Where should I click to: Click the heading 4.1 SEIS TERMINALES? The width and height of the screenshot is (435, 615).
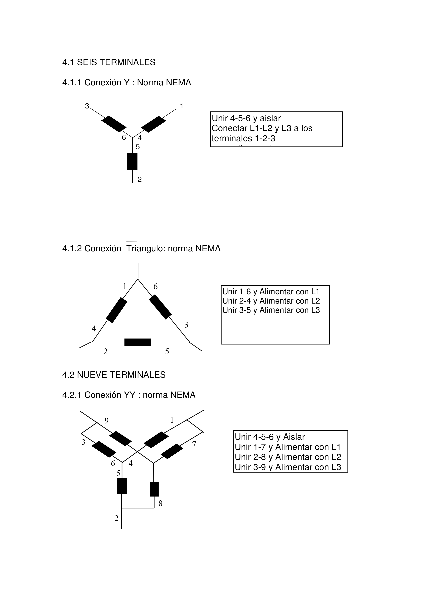pos(109,62)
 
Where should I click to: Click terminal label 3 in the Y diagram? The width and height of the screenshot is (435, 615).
pos(87,106)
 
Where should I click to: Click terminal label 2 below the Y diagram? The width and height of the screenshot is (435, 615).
pos(139,179)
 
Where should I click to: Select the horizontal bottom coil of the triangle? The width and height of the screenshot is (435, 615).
pos(138,342)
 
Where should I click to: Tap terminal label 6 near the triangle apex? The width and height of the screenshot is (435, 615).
pos(155,287)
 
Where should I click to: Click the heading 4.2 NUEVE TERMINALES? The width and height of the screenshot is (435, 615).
pos(114,375)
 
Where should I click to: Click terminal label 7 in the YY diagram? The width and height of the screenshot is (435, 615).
pos(194,444)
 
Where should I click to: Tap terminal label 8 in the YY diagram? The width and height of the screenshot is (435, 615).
pos(160,503)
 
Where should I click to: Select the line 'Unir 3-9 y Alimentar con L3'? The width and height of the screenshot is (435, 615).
pos(288,467)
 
